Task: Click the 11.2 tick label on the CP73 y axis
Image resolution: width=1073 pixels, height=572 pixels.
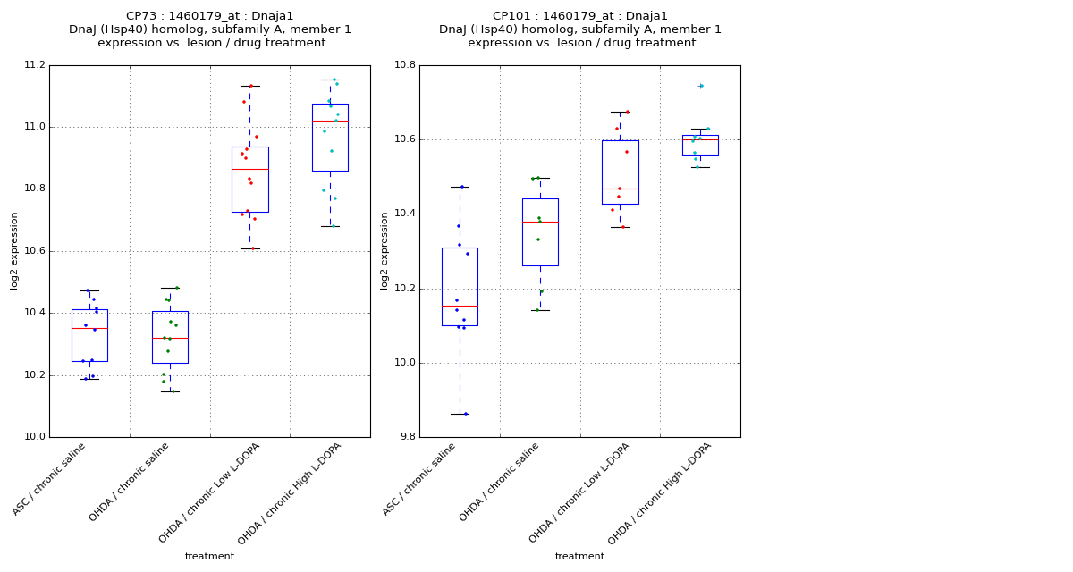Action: [x=35, y=65]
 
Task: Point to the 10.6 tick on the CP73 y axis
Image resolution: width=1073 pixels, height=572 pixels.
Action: [x=35, y=251]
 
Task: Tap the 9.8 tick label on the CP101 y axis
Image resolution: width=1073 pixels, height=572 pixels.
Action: [x=405, y=437]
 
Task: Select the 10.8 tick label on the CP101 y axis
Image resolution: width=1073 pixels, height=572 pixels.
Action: [x=405, y=65]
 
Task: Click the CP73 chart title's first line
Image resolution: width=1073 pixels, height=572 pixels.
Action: [x=209, y=16]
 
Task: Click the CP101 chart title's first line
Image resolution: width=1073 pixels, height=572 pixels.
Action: [x=579, y=16]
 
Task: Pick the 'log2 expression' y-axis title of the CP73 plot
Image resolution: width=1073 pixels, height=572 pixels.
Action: [x=14, y=251]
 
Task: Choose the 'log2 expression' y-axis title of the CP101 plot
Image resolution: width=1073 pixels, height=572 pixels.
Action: [x=384, y=251]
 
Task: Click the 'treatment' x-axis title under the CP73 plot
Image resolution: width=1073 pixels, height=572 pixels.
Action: [x=209, y=556]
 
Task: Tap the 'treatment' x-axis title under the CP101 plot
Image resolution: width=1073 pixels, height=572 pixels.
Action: [x=579, y=556]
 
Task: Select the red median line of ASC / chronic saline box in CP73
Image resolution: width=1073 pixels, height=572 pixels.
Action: [x=89, y=328]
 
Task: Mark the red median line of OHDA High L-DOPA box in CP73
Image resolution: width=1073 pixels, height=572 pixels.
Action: [x=330, y=121]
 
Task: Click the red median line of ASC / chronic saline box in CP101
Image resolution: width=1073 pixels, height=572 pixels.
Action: [x=460, y=306]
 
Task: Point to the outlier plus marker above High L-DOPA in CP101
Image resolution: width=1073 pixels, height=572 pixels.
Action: [x=700, y=86]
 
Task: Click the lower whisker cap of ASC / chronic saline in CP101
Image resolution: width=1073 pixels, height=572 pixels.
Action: [x=460, y=414]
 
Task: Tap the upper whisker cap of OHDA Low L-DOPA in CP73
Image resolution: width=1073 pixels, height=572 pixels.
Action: [x=249, y=86]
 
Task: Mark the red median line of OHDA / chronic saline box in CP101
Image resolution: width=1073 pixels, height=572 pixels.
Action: [x=540, y=222]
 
